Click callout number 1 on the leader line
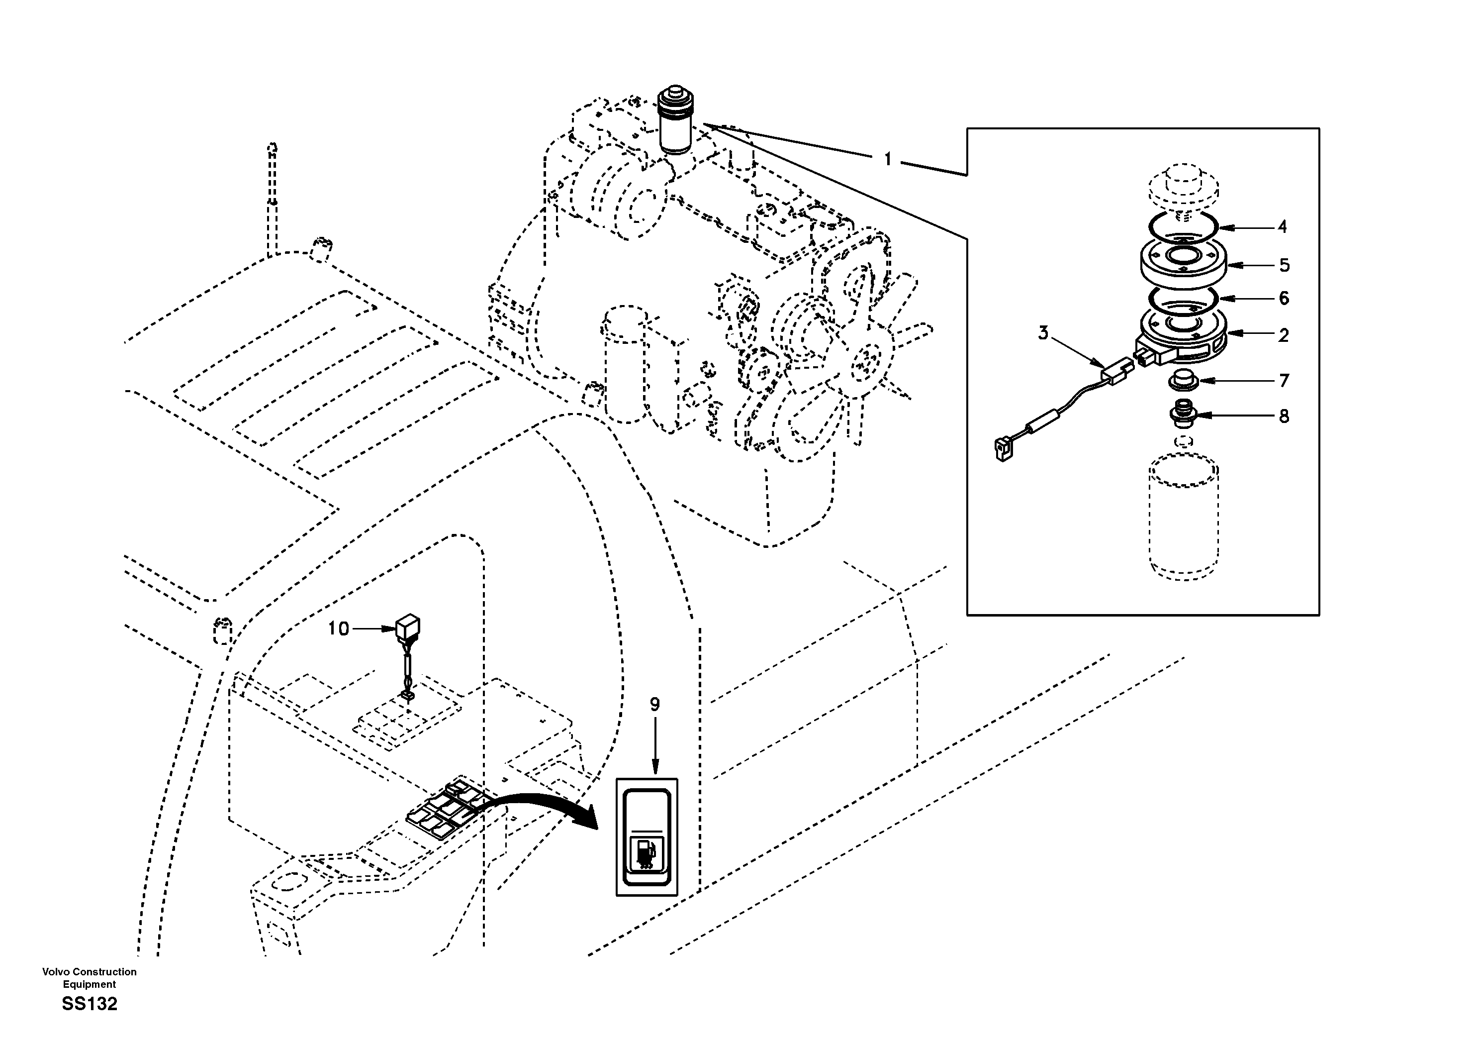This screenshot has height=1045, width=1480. pos(888,159)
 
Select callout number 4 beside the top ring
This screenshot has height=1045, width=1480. pos(1282,227)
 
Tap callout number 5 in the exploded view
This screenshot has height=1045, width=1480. pos(1284,265)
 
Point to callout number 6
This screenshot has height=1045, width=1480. pos(1284,298)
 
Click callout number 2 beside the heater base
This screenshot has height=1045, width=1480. pos(1284,335)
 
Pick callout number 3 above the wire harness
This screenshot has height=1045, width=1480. pos(1043,333)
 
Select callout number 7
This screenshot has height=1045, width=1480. pos(1284,381)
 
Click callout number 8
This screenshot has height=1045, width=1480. pos(1284,417)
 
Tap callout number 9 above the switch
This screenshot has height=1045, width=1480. pos(655,705)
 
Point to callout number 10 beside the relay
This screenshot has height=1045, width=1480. pos(338,628)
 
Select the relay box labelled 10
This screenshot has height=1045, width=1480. pos(407,626)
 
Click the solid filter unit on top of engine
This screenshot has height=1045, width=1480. pos(675,122)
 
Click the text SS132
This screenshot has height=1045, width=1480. pos(90,1004)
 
